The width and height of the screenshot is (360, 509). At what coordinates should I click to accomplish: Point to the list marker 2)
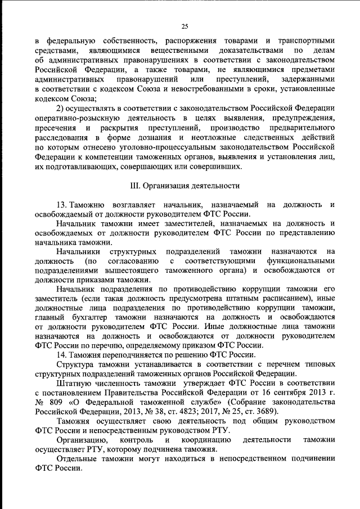tap(62, 107)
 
